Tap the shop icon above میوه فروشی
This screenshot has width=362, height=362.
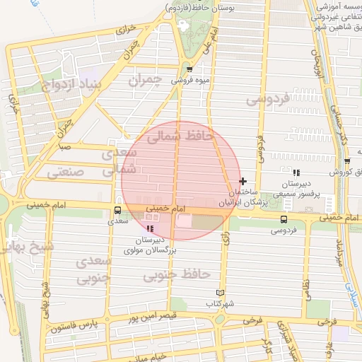(x=190, y=69)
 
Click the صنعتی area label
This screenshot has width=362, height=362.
(x=66, y=171)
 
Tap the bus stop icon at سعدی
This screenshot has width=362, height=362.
(x=117, y=210)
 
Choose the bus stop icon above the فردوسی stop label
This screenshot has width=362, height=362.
(x=284, y=219)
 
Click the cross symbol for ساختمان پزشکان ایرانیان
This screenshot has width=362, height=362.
(x=243, y=182)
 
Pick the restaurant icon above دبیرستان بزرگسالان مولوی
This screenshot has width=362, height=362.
(x=150, y=229)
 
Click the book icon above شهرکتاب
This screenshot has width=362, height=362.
(x=219, y=293)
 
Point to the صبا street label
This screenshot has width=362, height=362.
(x=64, y=148)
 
